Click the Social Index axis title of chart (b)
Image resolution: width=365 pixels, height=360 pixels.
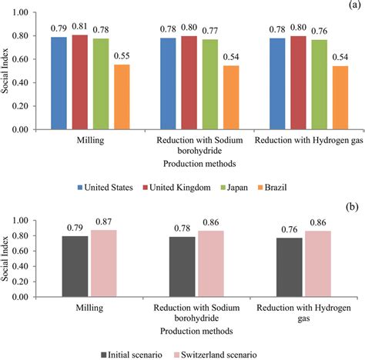[x=9, y=228]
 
